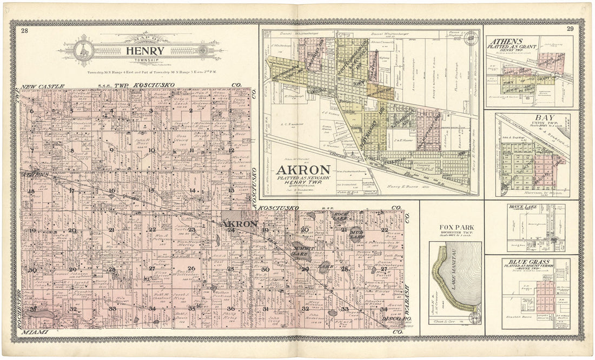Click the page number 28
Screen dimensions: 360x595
coord(25,31)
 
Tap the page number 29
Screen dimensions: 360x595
coord(570,29)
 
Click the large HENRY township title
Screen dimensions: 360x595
coord(142,51)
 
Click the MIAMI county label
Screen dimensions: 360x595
coord(34,332)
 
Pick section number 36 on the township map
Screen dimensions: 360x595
coord(231,308)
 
